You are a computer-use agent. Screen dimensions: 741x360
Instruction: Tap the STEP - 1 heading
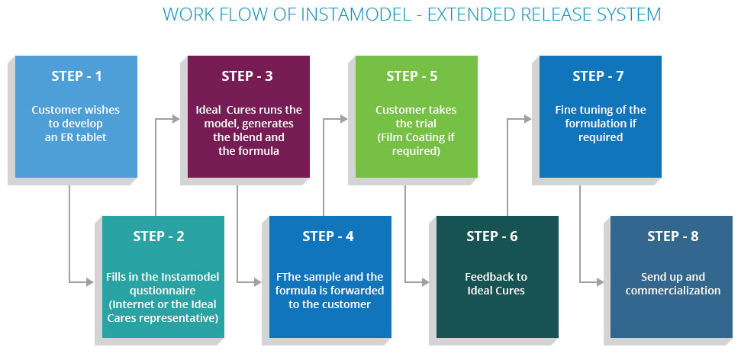[x=76, y=76]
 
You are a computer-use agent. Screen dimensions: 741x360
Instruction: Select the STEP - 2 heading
[x=159, y=236]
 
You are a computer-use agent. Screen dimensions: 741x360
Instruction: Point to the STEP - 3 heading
[x=247, y=76]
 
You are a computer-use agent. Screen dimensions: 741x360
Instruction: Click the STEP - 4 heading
[x=328, y=236]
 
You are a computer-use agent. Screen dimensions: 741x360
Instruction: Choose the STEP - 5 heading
[x=412, y=76]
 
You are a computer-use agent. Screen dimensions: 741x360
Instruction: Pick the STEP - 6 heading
[x=492, y=236]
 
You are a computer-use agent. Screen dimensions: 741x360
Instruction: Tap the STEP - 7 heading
[x=598, y=76]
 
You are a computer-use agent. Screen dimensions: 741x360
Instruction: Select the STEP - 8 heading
[x=673, y=236]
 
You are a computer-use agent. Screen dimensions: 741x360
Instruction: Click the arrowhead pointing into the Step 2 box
[x=89, y=282]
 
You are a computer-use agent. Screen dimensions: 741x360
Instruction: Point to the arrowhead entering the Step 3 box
[x=176, y=119]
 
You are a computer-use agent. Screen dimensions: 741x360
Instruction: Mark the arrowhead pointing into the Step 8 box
[x=600, y=282]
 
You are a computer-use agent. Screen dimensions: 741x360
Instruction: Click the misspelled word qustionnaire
[x=163, y=291]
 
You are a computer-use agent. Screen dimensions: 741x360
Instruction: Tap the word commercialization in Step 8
[x=673, y=291]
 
